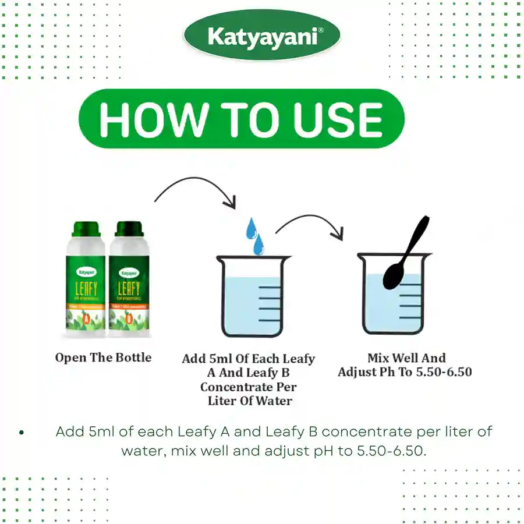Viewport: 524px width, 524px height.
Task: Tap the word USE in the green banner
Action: click(338, 119)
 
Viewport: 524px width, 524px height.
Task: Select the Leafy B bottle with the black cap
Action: click(129, 279)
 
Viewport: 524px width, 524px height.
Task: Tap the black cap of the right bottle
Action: click(129, 228)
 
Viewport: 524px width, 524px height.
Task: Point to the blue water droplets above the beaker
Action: click(254, 236)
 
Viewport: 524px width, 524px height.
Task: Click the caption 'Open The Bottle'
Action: click(103, 357)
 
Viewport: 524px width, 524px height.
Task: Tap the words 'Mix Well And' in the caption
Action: click(406, 358)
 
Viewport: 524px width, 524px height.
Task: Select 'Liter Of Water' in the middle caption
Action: click(250, 401)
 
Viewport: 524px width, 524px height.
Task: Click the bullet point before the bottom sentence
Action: click(22, 433)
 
